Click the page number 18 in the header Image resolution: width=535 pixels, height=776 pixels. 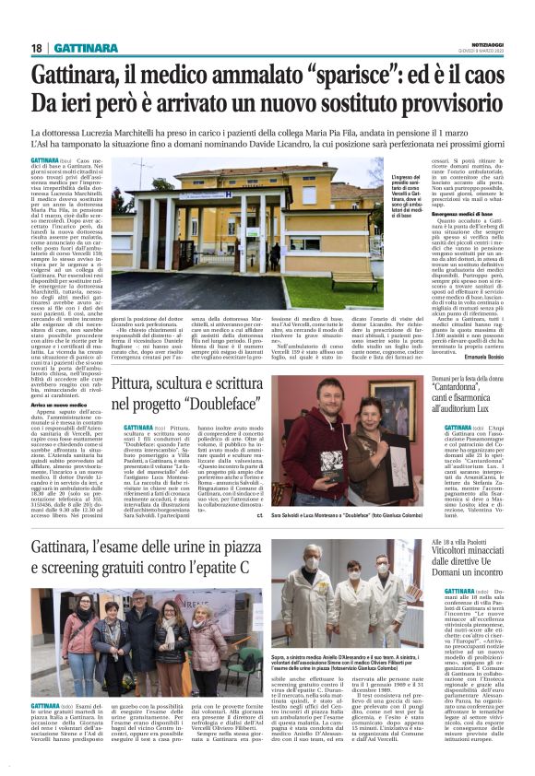[36, 48]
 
